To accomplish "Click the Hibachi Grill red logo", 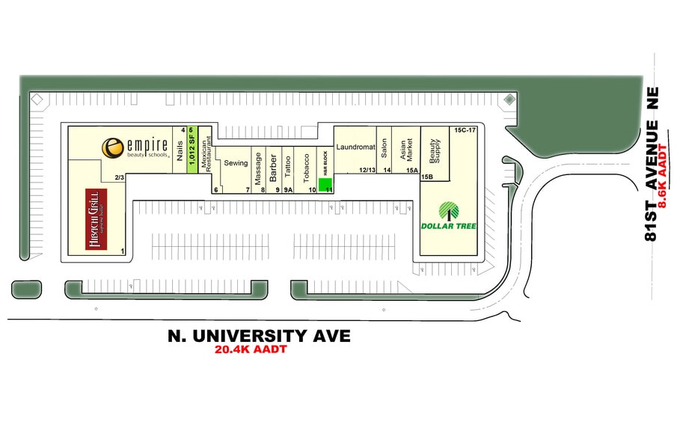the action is (x=95, y=218).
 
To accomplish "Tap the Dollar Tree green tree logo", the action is (x=448, y=212).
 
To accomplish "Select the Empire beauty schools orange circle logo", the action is (x=112, y=147).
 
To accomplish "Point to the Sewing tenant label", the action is (x=236, y=163).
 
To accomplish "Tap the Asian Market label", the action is (x=404, y=151).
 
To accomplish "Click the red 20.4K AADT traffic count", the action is (x=250, y=349).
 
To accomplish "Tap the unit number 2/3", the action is (x=119, y=177).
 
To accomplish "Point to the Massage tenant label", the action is (x=259, y=168).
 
